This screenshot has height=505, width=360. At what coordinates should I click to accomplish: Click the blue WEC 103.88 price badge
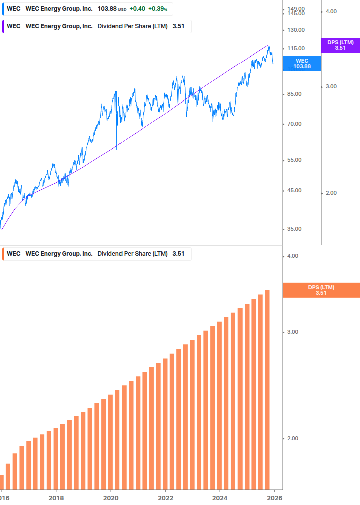click(302, 63)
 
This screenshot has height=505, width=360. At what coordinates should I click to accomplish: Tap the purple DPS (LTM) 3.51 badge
click(340, 45)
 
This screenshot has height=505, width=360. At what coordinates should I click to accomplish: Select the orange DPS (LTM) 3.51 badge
click(321, 290)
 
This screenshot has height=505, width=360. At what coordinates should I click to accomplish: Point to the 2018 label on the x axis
click(56, 498)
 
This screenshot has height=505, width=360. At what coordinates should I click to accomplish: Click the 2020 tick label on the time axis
click(111, 498)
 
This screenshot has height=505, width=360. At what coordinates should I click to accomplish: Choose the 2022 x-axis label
click(165, 498)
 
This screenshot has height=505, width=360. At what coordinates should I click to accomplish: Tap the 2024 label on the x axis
click(220, 498)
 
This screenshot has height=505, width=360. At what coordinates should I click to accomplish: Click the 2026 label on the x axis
click(274, 498)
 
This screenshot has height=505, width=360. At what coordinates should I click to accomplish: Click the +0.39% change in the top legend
click(157, 9)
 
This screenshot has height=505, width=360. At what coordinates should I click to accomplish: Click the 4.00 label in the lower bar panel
click(292, 256)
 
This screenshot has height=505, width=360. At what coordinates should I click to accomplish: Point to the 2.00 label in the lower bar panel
click(292, 438)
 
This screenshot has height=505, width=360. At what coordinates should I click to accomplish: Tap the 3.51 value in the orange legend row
click(178, 254)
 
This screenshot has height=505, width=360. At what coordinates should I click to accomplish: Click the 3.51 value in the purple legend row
click(178, 26)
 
